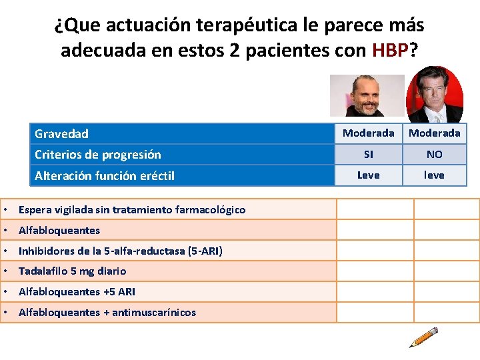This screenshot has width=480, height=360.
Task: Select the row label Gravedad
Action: click(61, 134)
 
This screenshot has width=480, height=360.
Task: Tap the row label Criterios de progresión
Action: click(97, 155)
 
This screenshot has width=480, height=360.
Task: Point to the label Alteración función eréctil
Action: click(104, 175)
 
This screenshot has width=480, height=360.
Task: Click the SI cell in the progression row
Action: click(368, 155)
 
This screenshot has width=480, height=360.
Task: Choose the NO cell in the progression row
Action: click(434, 155)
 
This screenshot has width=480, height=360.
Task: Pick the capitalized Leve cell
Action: click(368, 175)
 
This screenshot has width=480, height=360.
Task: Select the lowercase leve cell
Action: click(434, 175)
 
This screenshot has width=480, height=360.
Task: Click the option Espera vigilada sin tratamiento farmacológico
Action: click(132, 210)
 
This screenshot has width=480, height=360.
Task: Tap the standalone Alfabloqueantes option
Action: click(59, 231)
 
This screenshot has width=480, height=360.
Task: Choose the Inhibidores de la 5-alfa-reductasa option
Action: click(121, 251)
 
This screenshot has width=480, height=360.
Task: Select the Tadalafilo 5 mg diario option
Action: click(72, 271)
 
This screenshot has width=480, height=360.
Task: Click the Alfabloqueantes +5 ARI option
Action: click(77, 292)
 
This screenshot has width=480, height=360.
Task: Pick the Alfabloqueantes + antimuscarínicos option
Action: click(107, 313)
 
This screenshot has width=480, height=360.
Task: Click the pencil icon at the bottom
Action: click(423, 337)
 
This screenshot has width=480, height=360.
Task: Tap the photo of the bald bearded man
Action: click(367, 95)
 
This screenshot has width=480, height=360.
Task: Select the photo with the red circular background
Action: click(435, 94)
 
